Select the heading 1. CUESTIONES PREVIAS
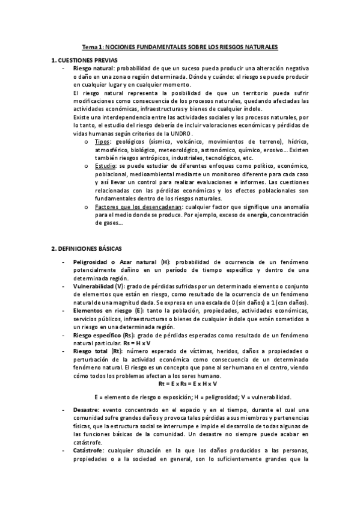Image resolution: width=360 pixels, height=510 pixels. tap(84, 61)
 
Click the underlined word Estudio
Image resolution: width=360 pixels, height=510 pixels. tap(105, 165)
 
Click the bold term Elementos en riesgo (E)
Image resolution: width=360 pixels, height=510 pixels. tap(105, 310)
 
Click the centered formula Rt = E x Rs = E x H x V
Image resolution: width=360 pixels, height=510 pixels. tap(188, 383)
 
